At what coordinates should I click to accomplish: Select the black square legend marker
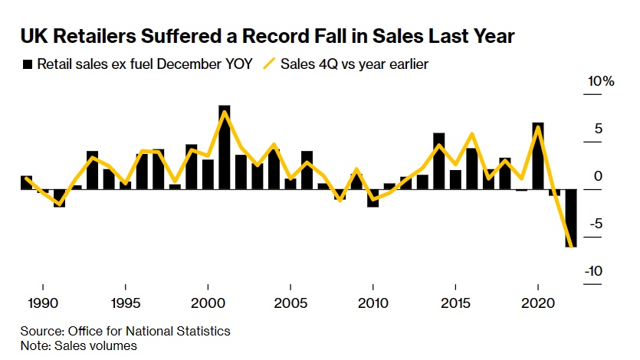pyautogui.click(x=28, y=64)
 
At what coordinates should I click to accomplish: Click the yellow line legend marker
pyautogui.click(x=268, y=64)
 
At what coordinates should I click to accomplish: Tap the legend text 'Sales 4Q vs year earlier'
pyautogui.click(x=354, y=64)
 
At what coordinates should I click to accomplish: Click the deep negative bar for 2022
pyautogui.click(x=571, y=218)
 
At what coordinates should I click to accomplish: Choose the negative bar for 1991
pyautogui.click(x=59, y=198)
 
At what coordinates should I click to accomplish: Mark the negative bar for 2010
pyautogui.click(x=373, y=198)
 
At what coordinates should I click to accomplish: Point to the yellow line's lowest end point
pyautogui.click(x=572, y=246)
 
